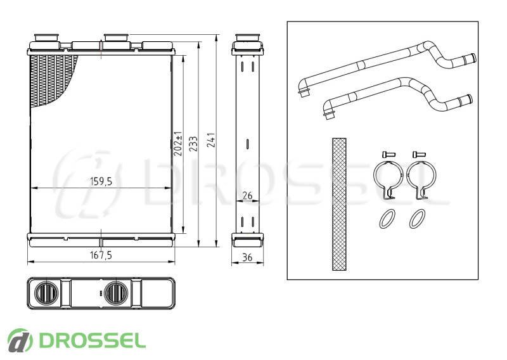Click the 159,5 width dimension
coord(101,181)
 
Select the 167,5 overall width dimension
coord(101,255)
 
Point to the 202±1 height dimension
coord(178,144)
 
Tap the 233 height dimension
coord(193,144)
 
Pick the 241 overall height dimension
coord(211,140)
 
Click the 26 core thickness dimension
coord(247,195)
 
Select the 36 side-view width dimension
coord(247,257)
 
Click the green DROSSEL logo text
coord(92,340)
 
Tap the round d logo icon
coord(20,340)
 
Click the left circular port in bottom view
coord(46,293)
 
